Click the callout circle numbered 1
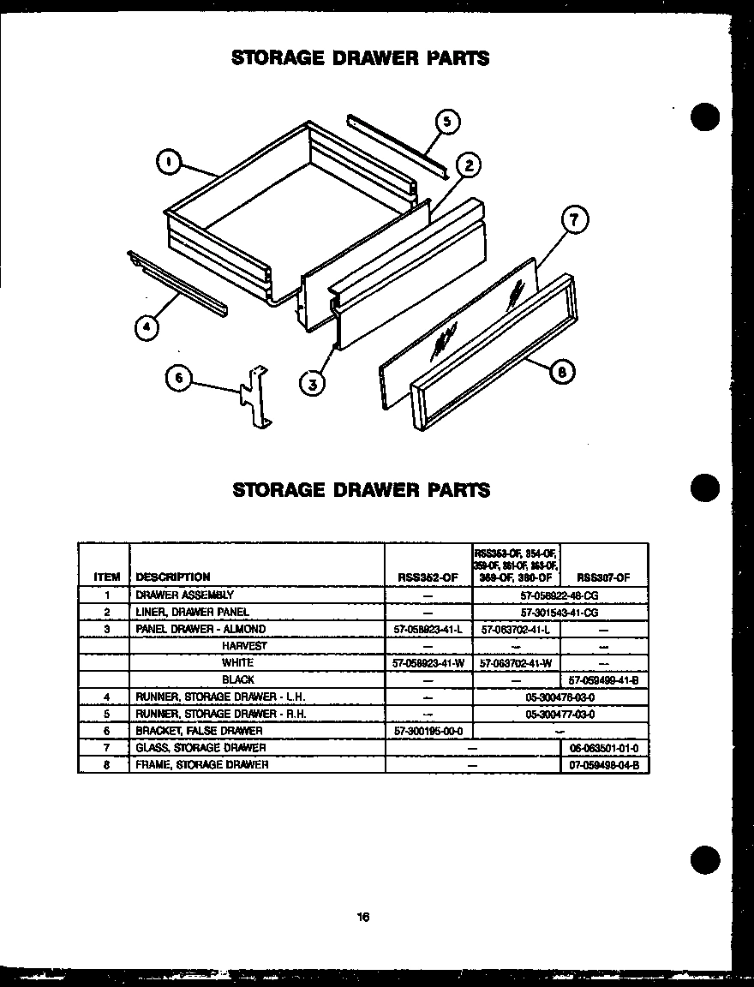[170, 160]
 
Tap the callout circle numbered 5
[448, 122]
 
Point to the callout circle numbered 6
[178, 380]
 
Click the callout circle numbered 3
[314, 385]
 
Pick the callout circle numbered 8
[561, 371]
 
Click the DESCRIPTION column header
[173, 577]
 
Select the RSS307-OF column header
[604, 577]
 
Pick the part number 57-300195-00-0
[428, 731]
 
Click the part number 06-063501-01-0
[604, 748]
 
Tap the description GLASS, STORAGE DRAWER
[201, 747]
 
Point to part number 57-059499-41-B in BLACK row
[604, 679]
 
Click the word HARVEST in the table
[244, 646]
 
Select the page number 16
[363, 917]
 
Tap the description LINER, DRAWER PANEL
[193, 612]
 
